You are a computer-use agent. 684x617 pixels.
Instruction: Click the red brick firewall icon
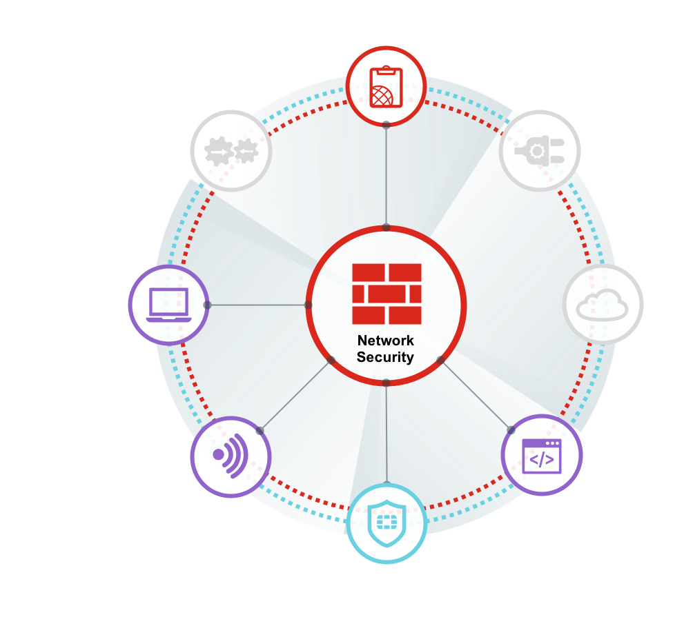click(387, 294)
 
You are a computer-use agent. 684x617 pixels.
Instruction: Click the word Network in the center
click(386, 341)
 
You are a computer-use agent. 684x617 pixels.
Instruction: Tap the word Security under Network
click(385, 357)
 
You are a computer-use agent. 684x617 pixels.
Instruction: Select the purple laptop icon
click(169, 305)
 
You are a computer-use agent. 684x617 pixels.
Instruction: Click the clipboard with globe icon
click(386, 87)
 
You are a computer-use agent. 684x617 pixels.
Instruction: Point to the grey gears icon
click(231, 150)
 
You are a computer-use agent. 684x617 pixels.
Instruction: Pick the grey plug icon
click(539, 150)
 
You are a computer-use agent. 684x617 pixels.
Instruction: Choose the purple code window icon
click(541, 455)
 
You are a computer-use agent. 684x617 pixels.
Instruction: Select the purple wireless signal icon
click(230, 455)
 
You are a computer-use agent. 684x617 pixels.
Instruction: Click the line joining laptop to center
click(257, 305)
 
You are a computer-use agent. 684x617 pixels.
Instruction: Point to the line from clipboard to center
click(387, 176)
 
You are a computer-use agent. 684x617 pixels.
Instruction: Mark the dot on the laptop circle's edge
click(207, 305)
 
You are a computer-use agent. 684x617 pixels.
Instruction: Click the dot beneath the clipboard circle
click(387, 125)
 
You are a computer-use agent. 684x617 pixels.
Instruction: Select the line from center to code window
click(475, 393)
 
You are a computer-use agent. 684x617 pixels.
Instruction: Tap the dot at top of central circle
click(387, 227)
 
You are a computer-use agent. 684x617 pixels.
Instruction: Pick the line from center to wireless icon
click(295, 395)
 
